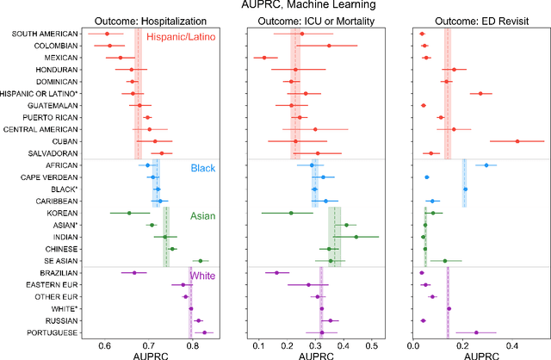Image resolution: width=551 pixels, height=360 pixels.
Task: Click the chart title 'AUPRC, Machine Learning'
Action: (x=275, y=6)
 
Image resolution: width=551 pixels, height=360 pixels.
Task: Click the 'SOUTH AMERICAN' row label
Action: (x=41, y=34)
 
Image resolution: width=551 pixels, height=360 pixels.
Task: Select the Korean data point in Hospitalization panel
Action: (x=129, y=213)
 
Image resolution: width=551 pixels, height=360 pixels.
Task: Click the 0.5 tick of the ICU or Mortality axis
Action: (x=372, y=347)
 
